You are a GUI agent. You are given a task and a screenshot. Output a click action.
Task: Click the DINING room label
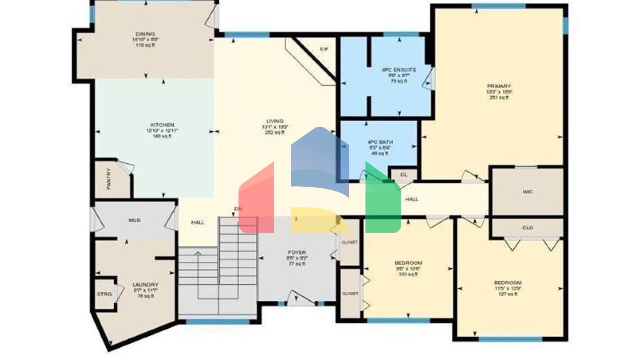145,34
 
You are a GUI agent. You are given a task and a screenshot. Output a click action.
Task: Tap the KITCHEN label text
162,125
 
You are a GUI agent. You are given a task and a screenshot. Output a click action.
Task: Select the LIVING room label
275,121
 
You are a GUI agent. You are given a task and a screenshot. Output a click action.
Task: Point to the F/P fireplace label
324,50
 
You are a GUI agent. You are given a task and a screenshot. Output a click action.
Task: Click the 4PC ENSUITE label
399,70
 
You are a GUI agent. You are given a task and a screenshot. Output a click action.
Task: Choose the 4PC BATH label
380,142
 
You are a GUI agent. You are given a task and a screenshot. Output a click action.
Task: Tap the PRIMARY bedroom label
499,86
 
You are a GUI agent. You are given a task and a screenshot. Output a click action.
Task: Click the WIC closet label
527,192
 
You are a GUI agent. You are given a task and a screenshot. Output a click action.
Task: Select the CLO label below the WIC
527,228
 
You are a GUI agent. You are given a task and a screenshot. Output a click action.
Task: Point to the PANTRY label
109,179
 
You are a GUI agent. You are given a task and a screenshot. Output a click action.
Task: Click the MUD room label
135,220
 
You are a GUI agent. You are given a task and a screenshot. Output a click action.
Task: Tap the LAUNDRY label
145,285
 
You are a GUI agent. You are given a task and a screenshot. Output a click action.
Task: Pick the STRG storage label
104,294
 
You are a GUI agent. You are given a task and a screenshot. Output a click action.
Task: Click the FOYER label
297,252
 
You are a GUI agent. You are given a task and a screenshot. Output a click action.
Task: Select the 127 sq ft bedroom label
507,283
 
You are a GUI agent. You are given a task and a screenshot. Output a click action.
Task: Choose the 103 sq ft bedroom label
408,263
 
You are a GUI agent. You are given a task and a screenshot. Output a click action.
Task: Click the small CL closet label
403,175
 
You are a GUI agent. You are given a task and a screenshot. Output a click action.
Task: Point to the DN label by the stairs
238,209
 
